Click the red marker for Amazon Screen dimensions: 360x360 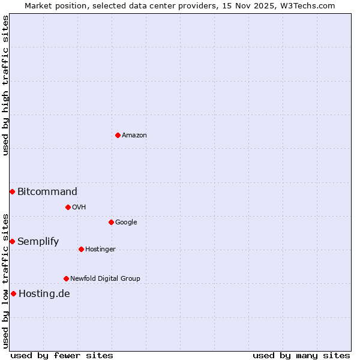pyautogui.click(x=118, y=135)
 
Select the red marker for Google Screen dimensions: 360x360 pyautogui.click(x=111, y=222)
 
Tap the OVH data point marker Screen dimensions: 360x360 pyautogui.click(x=68, y=207)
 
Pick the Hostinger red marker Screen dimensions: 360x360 pyautogui.click(x=81, y=249)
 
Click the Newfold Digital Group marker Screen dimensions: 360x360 pyautogui.click(x=66, y=278)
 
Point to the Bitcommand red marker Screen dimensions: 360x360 pyautogui.click(x=12, y=191)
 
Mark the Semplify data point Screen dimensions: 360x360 pyautogui.click(x=12, y=241)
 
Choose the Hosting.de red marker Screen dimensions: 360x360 pyautogui.click(x=13, y=293)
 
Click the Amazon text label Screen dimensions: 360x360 pyautogui.click(x=134, y=136)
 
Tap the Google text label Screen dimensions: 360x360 pyautogui.click(x=126, y=223)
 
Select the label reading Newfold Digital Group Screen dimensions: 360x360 pyautogui.click(x=105, y=278)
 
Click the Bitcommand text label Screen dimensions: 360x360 pyautogui.click(x=47, y=192)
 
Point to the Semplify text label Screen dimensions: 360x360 pyautogui.click(x=38, y=242)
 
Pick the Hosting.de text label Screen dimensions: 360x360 pyautogui.click(x=44, y=294)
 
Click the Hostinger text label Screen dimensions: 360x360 pyautogui.click(x=100, y=250)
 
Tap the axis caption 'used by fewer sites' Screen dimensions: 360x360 pyautogui.click(x=62, y=355)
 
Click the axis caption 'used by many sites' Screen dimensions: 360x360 pyautogui.click(x=301, y=355)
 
